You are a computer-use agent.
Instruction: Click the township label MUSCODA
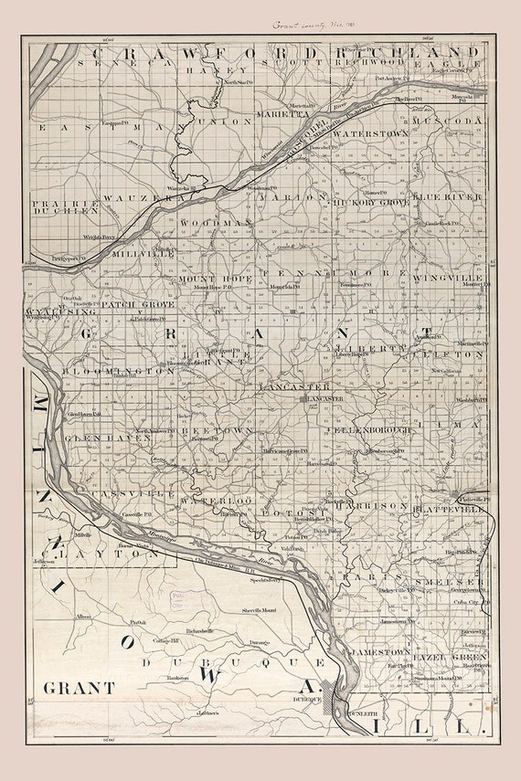(x=446, y=121)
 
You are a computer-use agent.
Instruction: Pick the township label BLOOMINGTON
(x=119, y=372)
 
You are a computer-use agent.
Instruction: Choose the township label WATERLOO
(x=216, y=501)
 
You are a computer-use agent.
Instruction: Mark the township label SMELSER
(x=448, y=581)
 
